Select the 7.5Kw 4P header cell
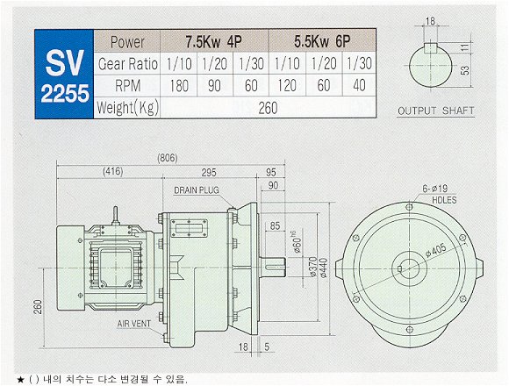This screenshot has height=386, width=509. pos(213,41)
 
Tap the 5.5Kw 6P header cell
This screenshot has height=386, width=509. pos(322,41)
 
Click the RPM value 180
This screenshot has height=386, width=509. pos(179,86)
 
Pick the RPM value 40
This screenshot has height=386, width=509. pos(359,86)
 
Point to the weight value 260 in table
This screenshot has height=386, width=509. pos(268,108)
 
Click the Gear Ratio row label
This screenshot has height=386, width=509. pos(127,64)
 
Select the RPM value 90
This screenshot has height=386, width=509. pos(214,86)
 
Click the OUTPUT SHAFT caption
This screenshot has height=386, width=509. pos(435,111)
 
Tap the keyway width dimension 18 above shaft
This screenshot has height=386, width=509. pos(430,21)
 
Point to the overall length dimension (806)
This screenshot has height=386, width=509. pos(168,158)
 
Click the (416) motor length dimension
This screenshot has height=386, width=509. pos(113,171)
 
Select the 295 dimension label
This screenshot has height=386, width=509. pos(209,172)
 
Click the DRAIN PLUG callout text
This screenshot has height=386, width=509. pos(197,190)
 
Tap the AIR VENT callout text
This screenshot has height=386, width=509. pos(134,324)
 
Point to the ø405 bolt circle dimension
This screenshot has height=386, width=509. pos(435,250)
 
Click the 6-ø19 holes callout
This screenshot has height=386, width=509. pos(435,189)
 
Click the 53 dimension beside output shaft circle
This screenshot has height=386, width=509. pos(465,70)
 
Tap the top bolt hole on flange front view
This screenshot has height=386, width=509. pos(409,207)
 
